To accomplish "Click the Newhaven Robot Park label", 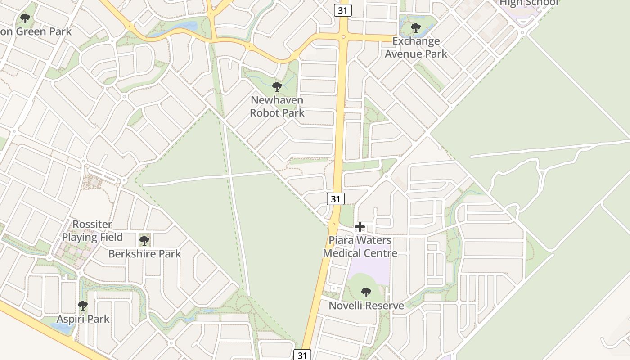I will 277,107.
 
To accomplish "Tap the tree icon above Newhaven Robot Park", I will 277,86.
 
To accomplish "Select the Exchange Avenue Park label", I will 416,48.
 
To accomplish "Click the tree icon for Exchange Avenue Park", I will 416,28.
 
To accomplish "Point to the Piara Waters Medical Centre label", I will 360,247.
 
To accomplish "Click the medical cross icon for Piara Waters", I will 360,227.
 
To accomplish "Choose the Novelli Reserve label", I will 366,306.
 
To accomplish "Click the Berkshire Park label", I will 144,254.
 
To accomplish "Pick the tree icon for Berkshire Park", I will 144,241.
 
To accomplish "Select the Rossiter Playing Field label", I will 92,231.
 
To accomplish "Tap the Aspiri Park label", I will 83,319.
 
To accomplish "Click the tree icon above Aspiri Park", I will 83,306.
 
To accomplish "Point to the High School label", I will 529,3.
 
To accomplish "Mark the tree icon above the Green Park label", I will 25,18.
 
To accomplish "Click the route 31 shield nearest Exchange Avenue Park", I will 342,10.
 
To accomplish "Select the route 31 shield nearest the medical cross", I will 335,199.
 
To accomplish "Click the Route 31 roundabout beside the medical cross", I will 333,224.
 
